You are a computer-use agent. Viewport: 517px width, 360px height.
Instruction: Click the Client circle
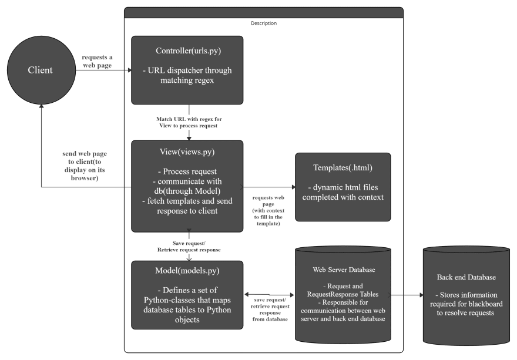coord(41,70)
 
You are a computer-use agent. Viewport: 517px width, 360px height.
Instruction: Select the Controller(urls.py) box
coord(187,70)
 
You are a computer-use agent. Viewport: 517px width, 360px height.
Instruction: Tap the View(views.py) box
coord(187,186)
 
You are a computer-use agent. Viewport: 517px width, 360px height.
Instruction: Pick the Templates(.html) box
coord(343,187)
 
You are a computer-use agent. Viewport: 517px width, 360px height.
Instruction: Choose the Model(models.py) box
coord(187,295)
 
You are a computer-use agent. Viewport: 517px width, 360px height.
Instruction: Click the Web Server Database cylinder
coord(343,295)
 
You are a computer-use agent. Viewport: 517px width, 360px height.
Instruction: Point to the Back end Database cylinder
coord(466,296)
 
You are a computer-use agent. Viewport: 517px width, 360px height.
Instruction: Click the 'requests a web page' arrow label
coord(98,61)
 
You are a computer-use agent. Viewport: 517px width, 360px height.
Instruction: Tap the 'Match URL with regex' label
coord(189,122)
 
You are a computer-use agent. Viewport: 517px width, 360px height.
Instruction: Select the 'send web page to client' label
coord(85,166)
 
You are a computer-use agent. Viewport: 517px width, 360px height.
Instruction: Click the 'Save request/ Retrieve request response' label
coord(189,247)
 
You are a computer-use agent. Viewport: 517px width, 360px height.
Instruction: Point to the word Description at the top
coord(264,23)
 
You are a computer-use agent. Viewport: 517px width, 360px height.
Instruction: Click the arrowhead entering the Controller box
coord(130,70)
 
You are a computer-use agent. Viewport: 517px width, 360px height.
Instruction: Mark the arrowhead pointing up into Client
coord(41,106)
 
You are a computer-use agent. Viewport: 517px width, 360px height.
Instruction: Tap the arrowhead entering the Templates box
coord(293,187)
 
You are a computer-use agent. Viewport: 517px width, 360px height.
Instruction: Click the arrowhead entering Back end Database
coord(421,295)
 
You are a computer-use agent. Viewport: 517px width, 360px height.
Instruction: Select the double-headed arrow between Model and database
coord(269,295)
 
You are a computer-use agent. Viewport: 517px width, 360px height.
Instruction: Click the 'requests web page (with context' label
coord(268,211)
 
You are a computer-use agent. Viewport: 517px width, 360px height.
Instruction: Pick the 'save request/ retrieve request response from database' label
coord(270,309)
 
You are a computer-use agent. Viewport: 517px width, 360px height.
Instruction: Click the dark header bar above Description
coord(264,13)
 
